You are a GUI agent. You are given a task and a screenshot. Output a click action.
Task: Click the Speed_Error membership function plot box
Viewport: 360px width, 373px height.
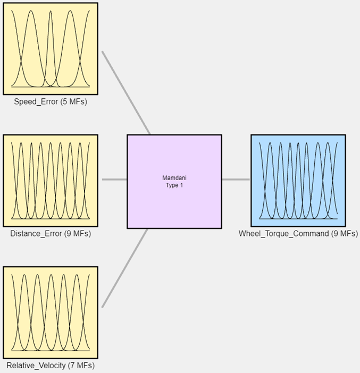51,48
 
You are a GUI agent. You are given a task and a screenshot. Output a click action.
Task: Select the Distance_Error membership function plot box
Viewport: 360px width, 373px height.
51,180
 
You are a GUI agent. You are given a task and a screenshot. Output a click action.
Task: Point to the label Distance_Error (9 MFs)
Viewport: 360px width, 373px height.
51,234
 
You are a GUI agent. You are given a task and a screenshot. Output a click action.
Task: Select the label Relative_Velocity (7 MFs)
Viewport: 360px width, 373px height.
51,366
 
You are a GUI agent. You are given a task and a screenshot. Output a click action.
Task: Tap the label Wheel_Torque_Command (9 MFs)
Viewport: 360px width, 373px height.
298,234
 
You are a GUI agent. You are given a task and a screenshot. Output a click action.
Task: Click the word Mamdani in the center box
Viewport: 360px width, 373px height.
174,178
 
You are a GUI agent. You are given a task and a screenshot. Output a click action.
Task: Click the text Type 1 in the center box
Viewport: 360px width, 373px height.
174,185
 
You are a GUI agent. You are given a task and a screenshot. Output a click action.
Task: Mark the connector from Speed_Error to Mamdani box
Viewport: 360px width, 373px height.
126,93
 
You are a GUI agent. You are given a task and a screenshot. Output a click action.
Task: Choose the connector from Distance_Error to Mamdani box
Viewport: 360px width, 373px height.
114,180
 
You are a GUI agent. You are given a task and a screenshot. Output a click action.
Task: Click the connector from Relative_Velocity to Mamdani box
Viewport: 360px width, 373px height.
125,268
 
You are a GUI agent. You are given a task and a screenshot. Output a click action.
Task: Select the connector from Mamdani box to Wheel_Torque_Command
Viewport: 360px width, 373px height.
236,180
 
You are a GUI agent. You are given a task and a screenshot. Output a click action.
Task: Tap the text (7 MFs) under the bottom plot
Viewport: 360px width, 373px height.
81,366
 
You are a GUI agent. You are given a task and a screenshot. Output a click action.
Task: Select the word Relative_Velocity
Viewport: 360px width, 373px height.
36,366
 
